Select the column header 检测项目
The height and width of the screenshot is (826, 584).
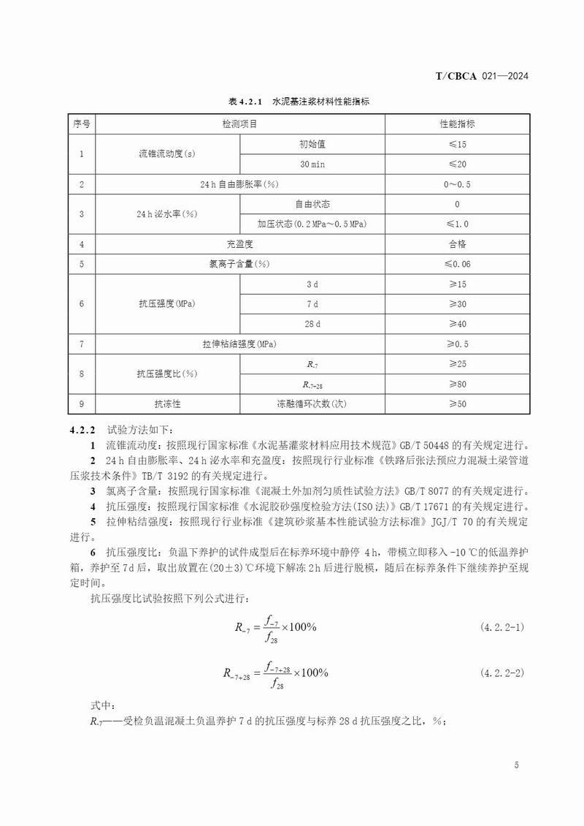coord(239,124)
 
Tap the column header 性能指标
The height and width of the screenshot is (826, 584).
coord(457,124)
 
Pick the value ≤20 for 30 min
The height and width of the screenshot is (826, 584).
coord(457,164)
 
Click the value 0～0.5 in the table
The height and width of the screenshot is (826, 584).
coord(457,184)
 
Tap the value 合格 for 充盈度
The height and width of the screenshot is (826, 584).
coord(457,243)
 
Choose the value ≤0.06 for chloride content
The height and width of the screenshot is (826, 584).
coord(457,263)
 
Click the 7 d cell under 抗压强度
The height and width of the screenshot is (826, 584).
coord(312,303)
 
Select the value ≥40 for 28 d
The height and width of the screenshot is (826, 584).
coord(457,323)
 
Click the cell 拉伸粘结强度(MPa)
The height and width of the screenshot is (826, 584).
coord(239,343)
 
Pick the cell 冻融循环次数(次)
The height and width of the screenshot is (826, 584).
coord(312,403)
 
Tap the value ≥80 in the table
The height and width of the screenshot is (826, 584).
coord(457,383)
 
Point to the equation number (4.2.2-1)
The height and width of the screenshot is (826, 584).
coord(502,628)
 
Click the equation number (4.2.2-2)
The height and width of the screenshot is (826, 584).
coord(502,672)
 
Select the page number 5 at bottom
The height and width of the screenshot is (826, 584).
coord(516,765)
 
